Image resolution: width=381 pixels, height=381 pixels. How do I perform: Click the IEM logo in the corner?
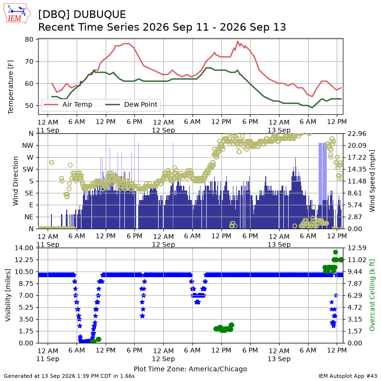[17, 13]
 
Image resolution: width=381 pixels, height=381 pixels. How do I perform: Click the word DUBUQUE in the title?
[100, 14]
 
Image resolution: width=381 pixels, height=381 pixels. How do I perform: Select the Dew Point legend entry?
[131, 104]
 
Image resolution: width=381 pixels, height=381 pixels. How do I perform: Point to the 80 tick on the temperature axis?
[29, 40]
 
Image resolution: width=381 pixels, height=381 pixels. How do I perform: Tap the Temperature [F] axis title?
[10, 87]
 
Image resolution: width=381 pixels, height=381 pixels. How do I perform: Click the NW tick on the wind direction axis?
[28, 146]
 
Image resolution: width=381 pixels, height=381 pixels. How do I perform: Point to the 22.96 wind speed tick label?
[357, 134]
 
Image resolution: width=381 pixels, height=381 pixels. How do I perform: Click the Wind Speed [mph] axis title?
[372, 181]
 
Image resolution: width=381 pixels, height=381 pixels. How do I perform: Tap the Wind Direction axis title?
[16, 181]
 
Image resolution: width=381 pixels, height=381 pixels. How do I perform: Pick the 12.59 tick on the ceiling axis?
[357, 248]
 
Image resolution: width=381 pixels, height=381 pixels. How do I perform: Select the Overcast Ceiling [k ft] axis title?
[372, 295]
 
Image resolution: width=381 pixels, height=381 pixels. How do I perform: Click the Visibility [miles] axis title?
[8, 295]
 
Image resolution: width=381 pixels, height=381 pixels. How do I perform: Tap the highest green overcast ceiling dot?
[336, 252]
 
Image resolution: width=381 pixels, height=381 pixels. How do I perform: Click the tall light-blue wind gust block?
[322, 174]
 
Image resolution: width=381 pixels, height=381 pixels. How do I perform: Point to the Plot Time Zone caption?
[190, 369]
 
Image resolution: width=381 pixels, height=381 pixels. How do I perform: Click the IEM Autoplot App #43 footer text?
[348, 376]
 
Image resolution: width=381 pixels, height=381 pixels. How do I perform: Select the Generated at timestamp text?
[69, 376]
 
